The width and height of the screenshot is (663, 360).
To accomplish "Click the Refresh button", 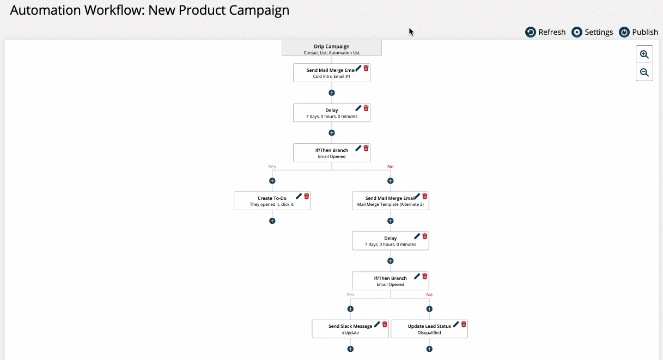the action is [x=545, y=32].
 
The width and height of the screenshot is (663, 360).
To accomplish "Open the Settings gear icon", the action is [x=576, y=32].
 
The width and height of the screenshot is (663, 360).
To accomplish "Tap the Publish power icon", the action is [x=624, y=32].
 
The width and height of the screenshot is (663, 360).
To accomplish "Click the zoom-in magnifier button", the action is [x=644, y=54].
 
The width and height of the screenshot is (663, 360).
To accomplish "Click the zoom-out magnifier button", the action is [x=644, y=72].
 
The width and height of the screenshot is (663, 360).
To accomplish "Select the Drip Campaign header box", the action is [x=331, y=48].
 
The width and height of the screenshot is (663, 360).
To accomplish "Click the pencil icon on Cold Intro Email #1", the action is [x=358, y=68].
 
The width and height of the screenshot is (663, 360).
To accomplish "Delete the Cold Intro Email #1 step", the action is [x=366, y=68].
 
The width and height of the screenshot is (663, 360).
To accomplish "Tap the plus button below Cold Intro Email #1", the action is [x=331, y=93].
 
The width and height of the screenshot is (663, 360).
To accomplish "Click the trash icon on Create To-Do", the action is [x=307, y=196].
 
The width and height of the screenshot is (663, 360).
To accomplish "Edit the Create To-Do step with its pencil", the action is [x=299, y=196].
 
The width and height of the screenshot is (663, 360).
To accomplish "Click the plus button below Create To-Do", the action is [x=272, y=221].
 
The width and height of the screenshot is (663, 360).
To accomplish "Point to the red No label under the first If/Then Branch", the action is [x=391, y=167].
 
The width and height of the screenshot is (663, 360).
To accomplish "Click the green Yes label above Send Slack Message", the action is [x=350, y=295].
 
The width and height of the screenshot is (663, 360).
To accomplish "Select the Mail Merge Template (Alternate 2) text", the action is [x=391, y=204].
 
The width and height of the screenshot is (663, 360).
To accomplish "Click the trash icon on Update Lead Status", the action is [x=464, y=324].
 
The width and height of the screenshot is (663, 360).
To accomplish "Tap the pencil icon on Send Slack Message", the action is [x=377, y=324].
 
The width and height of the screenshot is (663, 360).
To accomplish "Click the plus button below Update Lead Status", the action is [x=429, y=349].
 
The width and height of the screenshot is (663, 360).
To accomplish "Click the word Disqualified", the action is [x=429, y=332].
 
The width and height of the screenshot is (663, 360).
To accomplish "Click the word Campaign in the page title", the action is [x=259, y=11].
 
